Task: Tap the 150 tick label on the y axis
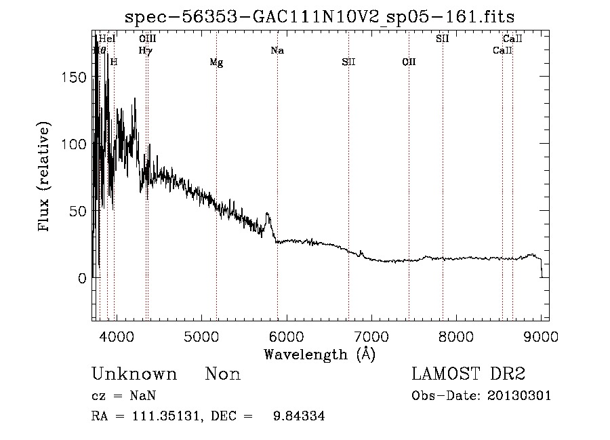pos(74,77)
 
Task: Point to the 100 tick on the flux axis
pos(74,144)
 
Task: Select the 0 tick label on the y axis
pos(82,278)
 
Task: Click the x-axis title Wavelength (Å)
pos(319,354)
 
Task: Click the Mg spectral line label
pos(216,63)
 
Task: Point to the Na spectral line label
pos(277,51)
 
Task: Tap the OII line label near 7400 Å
pos(409,62)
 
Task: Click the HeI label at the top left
pos(107,39)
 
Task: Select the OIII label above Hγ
pos(147,39)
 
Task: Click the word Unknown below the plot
pos(134,374)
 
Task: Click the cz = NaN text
pos(123,396)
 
